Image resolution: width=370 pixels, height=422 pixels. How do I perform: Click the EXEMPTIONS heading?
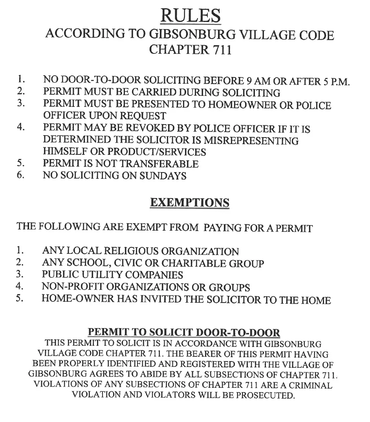pyautogui.click(x=190, y=203)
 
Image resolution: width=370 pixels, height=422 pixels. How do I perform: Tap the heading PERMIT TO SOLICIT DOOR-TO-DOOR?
pyautogui.click(x=184, y=332)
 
